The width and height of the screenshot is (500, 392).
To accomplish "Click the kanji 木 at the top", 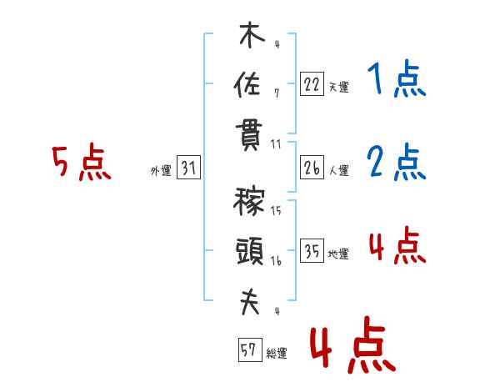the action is coord(252,35).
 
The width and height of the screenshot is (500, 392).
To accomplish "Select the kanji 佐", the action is coord(247,84).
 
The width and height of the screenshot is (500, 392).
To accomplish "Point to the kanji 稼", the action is coord(248,201).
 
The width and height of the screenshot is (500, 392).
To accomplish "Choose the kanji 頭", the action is coord(250,251).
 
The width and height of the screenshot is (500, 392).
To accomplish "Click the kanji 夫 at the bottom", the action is coord(250,302).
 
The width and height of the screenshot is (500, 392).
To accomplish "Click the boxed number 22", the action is coord(312,84).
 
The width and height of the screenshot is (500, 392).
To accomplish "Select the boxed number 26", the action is coord(312,168).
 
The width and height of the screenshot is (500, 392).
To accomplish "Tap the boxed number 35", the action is coord(312,250).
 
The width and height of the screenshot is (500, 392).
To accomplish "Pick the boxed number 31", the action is coord(188,168).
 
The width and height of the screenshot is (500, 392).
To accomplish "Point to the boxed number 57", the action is coord(250,349).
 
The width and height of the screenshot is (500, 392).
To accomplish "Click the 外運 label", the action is coord(161,170).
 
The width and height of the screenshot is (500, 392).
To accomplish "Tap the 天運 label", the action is coord(339,87).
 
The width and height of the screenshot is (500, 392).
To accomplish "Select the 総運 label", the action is coord(277,353).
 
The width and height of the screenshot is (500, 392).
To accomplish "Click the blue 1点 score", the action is coord(397,78).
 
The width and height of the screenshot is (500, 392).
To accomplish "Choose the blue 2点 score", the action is coord(397,162).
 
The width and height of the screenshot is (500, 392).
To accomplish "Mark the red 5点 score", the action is coord(82,162).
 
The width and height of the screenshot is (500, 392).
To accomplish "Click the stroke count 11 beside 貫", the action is coord(276,144).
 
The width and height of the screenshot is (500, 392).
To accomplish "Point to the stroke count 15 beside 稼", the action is coord(276,210).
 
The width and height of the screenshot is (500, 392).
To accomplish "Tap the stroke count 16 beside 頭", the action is coord(276,261).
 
